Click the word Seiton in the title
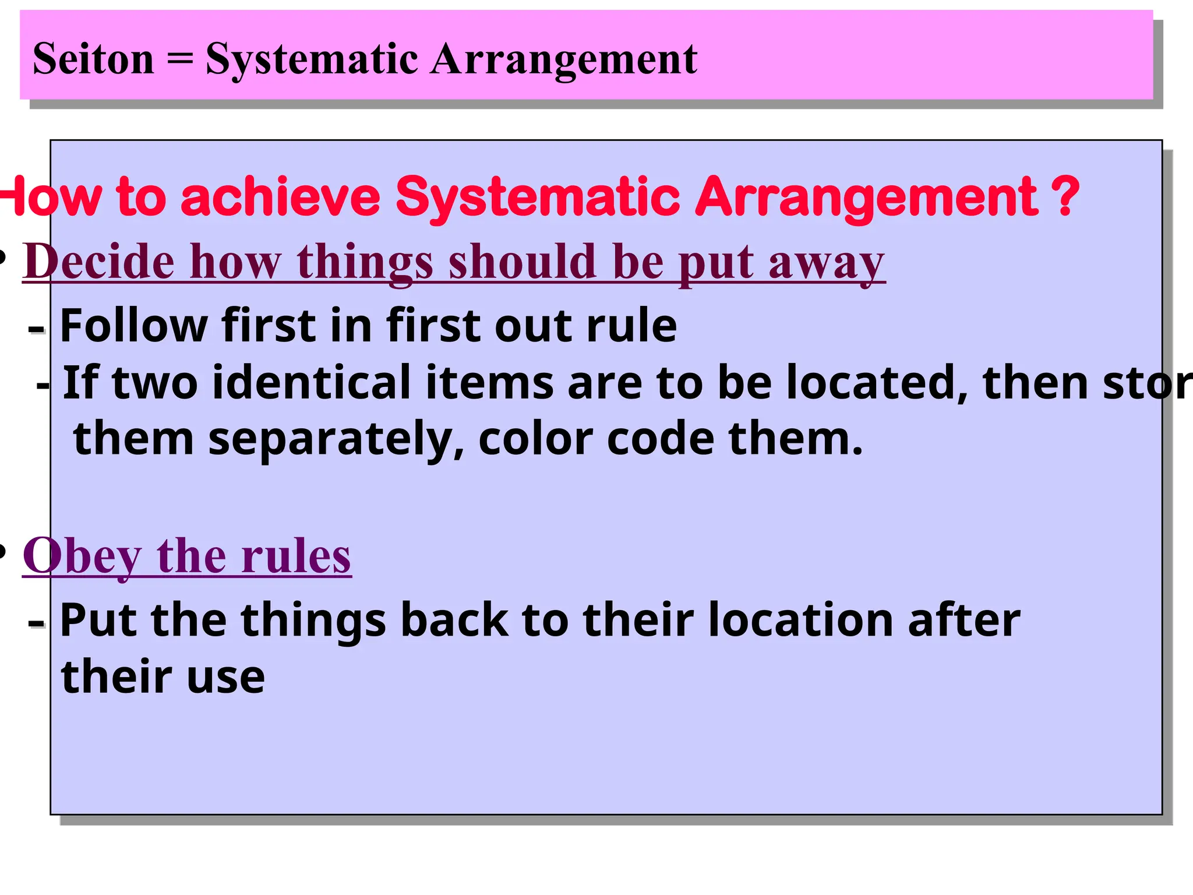pyautogui.click(x=93, y=59)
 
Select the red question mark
pyautogui.click(x=1066, y=196)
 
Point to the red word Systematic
pyautogui.click(x=537, y=196)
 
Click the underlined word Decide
pyautogui.click(x=99, y=262)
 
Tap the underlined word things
pyautogui.click(x=365, y=262)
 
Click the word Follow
pyautogui.click(x=133, y=325)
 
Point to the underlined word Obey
pyautogui.click(x=82, y=556)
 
